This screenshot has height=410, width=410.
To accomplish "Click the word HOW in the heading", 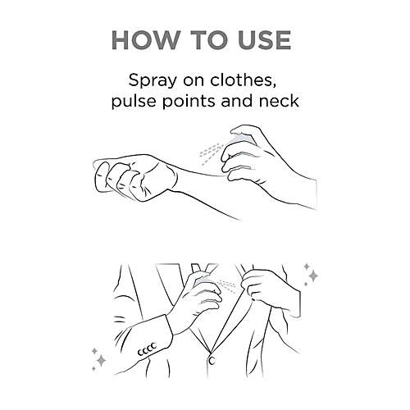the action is tap(146, 40).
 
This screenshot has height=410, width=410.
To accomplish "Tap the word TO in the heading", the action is tap(212, 40).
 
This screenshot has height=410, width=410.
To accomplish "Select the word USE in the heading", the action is tap(265, 40).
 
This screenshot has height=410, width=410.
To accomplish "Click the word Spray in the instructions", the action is tap(153, 81).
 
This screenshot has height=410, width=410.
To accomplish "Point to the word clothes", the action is tap(243, 80).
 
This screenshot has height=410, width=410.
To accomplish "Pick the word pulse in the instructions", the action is tap(134, 102).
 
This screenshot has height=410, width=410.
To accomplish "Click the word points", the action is tap(189, 102).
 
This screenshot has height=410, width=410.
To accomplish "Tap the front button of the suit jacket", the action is tap(212, 360).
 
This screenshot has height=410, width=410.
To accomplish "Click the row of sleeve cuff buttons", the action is tap(147, 349).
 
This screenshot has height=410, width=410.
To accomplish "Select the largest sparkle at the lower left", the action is tap(102, 361).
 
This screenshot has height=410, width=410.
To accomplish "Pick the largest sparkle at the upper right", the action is tap(313, 276).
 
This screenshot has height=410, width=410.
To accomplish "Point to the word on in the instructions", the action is tap(194, 81).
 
